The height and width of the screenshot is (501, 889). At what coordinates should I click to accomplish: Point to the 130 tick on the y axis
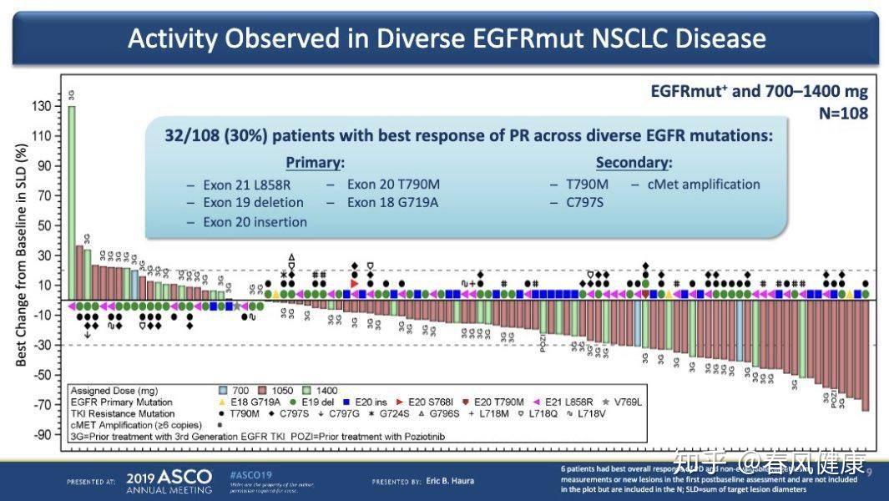pos(42,106)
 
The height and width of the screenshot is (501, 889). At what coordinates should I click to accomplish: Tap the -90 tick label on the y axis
pos(42,435)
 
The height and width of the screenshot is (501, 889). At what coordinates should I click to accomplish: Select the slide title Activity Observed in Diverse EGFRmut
pos(446,38)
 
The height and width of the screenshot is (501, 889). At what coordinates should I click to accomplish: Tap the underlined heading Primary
pos(315,162)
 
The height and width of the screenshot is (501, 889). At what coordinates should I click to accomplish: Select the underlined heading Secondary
pos(634,162)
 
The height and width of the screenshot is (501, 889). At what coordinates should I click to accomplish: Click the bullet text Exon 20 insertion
pos(255,222)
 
